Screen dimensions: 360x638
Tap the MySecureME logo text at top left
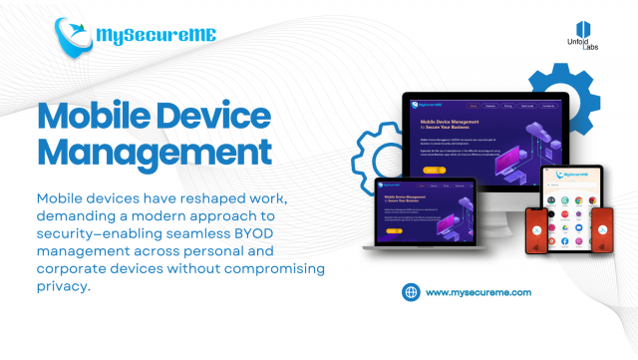pos(156,37)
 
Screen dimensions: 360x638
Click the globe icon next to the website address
pos(410,292)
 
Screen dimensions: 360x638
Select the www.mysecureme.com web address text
pos(478,292)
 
